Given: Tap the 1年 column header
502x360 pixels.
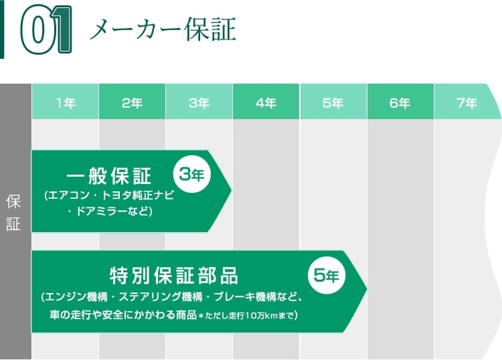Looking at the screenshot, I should point(66,102).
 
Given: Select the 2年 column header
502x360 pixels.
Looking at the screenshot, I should point(133,102).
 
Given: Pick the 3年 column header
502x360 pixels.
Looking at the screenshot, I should point(199,102).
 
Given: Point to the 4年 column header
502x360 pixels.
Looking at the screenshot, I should point(266,102).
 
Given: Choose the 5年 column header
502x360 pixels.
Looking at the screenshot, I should point(333,102).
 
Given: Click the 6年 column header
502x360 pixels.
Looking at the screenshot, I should point(400,102).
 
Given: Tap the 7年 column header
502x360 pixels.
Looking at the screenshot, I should point(467,102).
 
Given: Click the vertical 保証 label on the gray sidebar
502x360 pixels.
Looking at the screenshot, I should point(14,212).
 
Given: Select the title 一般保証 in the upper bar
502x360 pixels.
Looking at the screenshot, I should point(110,177).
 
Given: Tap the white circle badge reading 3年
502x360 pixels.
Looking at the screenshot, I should point(193,175).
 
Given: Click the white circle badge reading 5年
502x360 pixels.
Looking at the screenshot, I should point(326,274).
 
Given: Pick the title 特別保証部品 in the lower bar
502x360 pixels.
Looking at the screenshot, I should point(173,275).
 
